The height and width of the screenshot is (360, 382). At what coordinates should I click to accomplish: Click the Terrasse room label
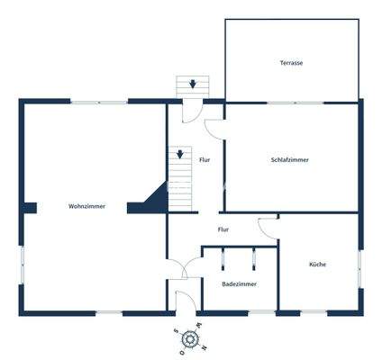pyautogui.click(x=290, y=63)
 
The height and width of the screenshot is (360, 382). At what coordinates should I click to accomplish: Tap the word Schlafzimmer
pyautogui.click(x=290, y=159)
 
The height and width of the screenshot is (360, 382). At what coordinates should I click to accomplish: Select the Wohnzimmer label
pyautogui.click(x=86, y=206)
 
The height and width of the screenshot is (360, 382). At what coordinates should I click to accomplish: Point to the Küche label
pyautogui.click(x=317, y=264)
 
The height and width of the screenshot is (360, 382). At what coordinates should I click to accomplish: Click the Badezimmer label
pyautogui.click(x=239, y=283)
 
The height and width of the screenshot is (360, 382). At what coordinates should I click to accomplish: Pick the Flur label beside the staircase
pyautogui.click(x=205, y=159)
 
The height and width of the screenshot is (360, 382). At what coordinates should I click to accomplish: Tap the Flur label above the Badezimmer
pyautogui.click(x=223, y=229)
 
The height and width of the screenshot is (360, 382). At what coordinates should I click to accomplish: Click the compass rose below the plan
pyautogui.click(x=191, y=338)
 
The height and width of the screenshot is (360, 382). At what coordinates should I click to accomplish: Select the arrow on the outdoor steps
pyautogui.click(x=192, y=85)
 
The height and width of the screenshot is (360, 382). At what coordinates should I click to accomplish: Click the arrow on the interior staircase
pyautogui.click(x=180, y=155)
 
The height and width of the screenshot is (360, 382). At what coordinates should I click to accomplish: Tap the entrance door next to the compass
pyautogui.click(x=185, y=302)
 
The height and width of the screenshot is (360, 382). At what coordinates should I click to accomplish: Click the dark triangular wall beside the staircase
pyautogui.click(x=150, y=199)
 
